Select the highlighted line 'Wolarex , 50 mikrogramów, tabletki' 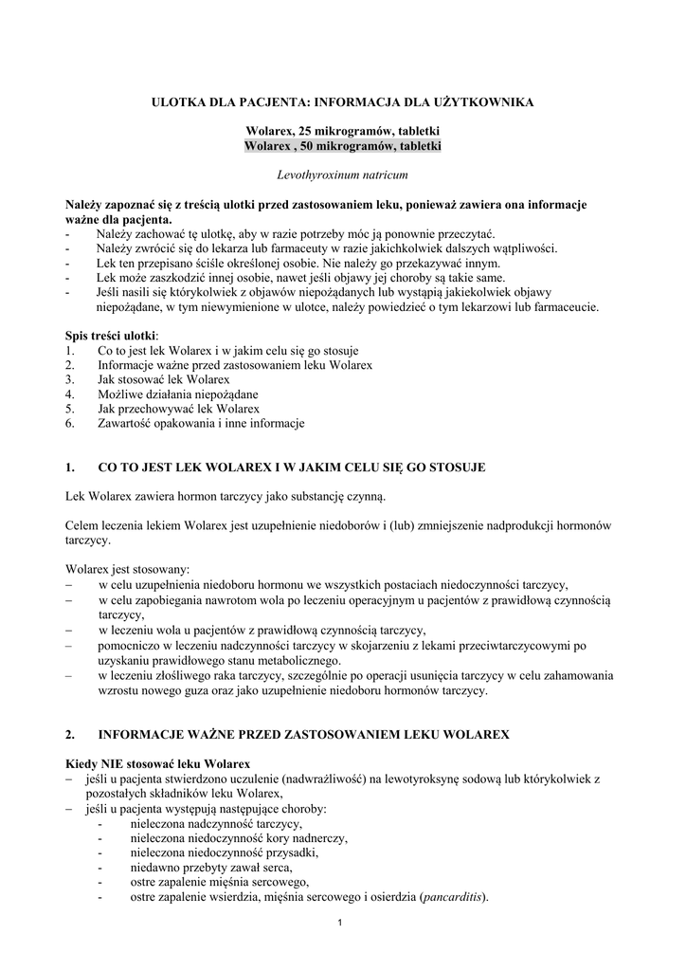(342, 146)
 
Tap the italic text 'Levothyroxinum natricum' (342, 175)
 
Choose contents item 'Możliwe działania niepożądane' (177, 394)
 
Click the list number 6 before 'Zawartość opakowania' (70, 424)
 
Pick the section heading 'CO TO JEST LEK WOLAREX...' (292, 467)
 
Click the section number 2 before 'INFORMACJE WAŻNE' (70, 735)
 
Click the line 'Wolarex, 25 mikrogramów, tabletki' (342, 131)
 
